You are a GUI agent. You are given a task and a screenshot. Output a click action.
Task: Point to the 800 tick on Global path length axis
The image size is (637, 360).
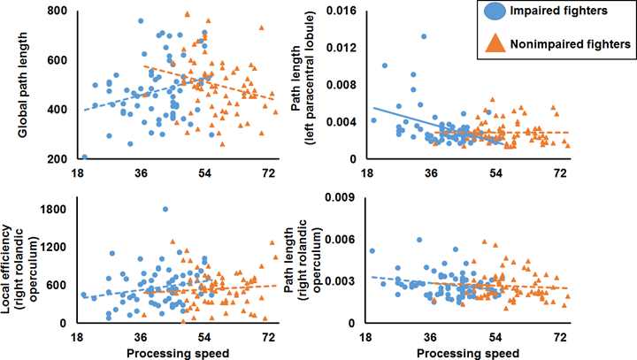tap(58, 10)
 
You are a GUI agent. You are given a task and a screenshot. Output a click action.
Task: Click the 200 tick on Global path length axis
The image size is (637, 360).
tap(58, 159)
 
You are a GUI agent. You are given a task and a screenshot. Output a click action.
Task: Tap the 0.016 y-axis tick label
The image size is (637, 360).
tap(343, 10)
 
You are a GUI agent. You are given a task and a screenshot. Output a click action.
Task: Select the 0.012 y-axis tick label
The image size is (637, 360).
tap(343, 47)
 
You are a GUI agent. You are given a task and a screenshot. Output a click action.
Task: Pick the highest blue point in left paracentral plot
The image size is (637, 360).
tap(424, 36)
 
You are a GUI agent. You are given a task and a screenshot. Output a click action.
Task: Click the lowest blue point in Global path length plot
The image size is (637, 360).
tap(85, 157)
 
